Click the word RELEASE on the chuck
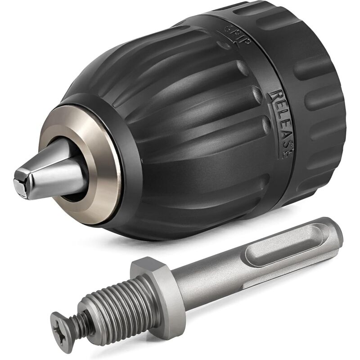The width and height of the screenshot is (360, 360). (x=281, y=122)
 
